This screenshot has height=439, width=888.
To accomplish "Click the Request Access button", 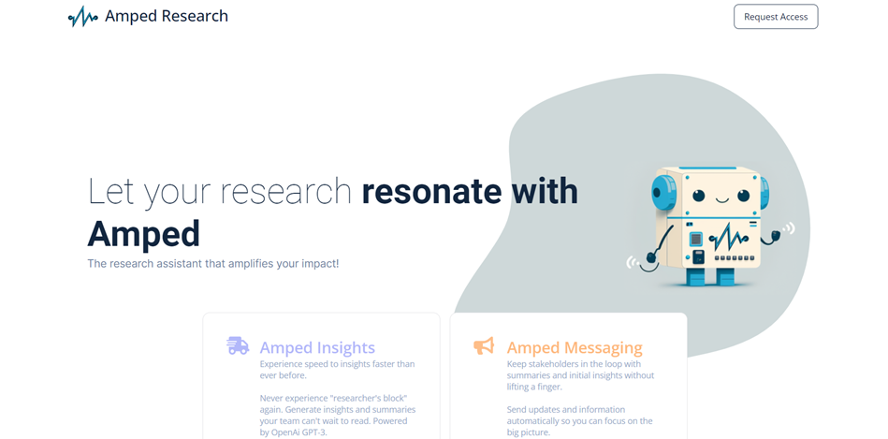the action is click(x=776, y=17).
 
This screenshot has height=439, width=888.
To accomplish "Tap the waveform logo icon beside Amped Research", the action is click(x=82, y=17).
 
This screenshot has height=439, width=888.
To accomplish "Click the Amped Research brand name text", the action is click(x=167, y=16).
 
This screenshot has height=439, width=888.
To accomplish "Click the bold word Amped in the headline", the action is click(x=143, y=234).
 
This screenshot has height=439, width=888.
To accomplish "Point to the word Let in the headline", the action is click(x=111, y=191).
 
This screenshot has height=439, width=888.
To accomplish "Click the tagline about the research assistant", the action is click(x=213, y=263).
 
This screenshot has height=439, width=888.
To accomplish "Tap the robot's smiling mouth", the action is click(x=721, y=199).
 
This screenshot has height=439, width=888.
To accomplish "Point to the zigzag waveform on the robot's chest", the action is click(x=726, y=238).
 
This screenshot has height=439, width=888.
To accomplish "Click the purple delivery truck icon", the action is click(x=238, y=345).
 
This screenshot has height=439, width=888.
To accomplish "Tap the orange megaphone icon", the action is click(x=484, y=345).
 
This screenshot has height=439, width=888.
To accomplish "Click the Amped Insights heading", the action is click(x=317, y=347).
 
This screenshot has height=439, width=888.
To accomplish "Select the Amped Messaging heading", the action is click(x=575, y=347).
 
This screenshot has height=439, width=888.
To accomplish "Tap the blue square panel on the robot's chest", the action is click(x=696, y=239).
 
